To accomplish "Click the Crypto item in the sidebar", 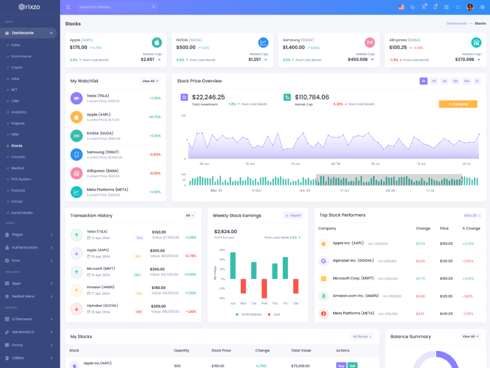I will click(x=17, y=67).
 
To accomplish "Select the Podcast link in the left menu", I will click(x=18, y=190).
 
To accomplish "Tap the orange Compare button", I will click(x=458, y=104).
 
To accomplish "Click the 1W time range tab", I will click(x=434, y=81).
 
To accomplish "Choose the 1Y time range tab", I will click(x=477, y=81).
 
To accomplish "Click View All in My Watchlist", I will click(x=150, y=81).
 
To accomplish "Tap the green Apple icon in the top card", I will click(x=157, y=42).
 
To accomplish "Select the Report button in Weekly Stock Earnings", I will click(x=293, y=215).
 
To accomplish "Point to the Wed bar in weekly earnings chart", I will click(x=264, y=288).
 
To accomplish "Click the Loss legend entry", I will click(x=276, y=314).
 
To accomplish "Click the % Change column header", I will click(x=472, y=228).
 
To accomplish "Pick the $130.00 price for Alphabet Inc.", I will click(x=446, y=261).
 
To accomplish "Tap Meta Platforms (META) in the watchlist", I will click(x=107, y=190).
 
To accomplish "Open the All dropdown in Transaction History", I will click(x=190, y=215).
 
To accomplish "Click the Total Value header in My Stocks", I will click(x=301, y=350).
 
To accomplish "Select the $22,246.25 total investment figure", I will click(x=208, y=97).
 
